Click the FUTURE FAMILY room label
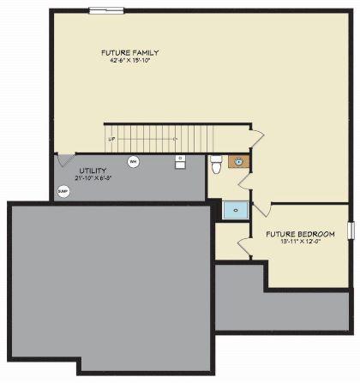point(129,53)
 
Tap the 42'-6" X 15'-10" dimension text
point(129,61)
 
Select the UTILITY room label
point(93,171)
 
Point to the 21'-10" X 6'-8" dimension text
point(93,178)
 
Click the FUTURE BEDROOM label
point(297,234)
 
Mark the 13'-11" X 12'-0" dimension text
point(297,242)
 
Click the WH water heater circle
point(133,162)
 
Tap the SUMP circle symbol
point(63,192)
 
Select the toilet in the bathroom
point(216,165)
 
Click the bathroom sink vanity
point(237,161)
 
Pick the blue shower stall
point(234,208)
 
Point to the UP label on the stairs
point(111,138)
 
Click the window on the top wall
point(106,10)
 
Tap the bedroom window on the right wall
point(350,230)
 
